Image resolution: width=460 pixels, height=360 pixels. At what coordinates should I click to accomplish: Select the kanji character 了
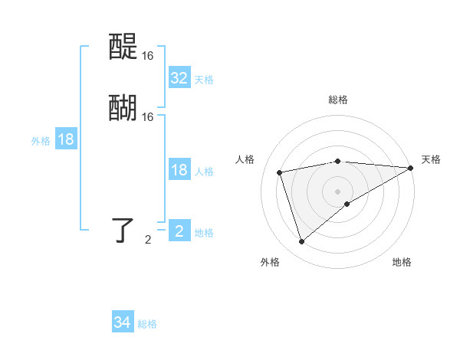click(x=123, y=230)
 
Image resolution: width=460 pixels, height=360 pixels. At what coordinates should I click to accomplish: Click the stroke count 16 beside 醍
click(x=148, y=56)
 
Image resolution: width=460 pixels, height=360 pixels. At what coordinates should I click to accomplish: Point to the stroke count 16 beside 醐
click(x=148, y=117)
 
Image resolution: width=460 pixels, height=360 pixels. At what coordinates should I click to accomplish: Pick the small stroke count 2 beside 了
click(x=148, y=240)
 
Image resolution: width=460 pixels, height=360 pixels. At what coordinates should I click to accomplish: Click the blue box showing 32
click(x=179, y=78)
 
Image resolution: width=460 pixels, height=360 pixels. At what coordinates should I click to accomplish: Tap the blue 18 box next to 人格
click(x=179, y=170)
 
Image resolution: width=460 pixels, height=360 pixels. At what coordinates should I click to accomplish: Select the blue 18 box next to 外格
click(x=66, y=139)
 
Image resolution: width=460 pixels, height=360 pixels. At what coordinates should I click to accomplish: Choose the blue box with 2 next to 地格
click(x=179, y=231)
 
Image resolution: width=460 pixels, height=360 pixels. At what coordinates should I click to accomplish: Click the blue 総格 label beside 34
click(x=147, y=324)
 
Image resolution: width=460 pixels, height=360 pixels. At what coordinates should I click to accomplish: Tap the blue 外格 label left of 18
click(x=41, y=141)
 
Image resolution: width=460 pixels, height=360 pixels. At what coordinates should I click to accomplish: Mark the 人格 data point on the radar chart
click(x=280, y=172)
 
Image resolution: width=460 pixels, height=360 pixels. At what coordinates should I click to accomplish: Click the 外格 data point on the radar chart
click(x=301, y=242)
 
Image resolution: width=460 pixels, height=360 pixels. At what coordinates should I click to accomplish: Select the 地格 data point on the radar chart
click(x=347, y=204)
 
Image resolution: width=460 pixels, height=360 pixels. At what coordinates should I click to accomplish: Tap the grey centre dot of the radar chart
click(x=337, y=191)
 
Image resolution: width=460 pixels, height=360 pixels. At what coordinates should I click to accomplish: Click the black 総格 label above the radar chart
click(x=338, y=100)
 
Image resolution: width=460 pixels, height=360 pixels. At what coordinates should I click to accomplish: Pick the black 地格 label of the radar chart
click(x=402, y=263)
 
